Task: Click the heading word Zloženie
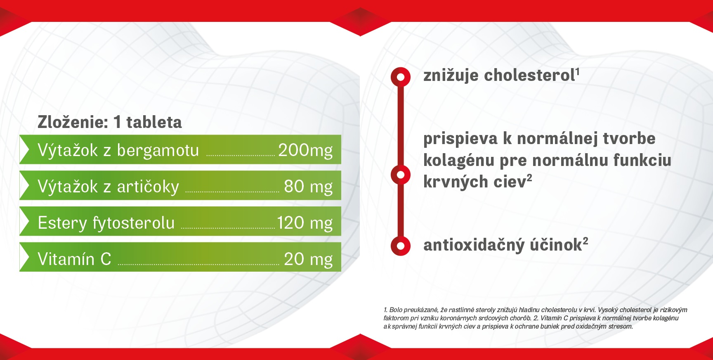tap(73, 122)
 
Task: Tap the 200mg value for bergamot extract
tap(305, 150)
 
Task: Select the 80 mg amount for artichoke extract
tap(308, 187)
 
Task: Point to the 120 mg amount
tap(305, 223)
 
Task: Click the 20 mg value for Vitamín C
tap(308, 259)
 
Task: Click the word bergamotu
tap(158, 150)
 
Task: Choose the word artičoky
tap(148, 187)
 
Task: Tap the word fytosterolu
tap(134, 223)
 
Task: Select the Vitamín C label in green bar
tap(75, 259)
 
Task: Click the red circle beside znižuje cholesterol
tap(400, 77)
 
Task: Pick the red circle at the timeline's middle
tap(400, 175)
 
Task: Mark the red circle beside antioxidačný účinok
tap(400, 246)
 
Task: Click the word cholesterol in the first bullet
tap(529, 75)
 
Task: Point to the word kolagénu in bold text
tap(459, 161)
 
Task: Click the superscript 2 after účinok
tap(586, 241)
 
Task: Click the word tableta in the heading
tap(154, 122)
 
